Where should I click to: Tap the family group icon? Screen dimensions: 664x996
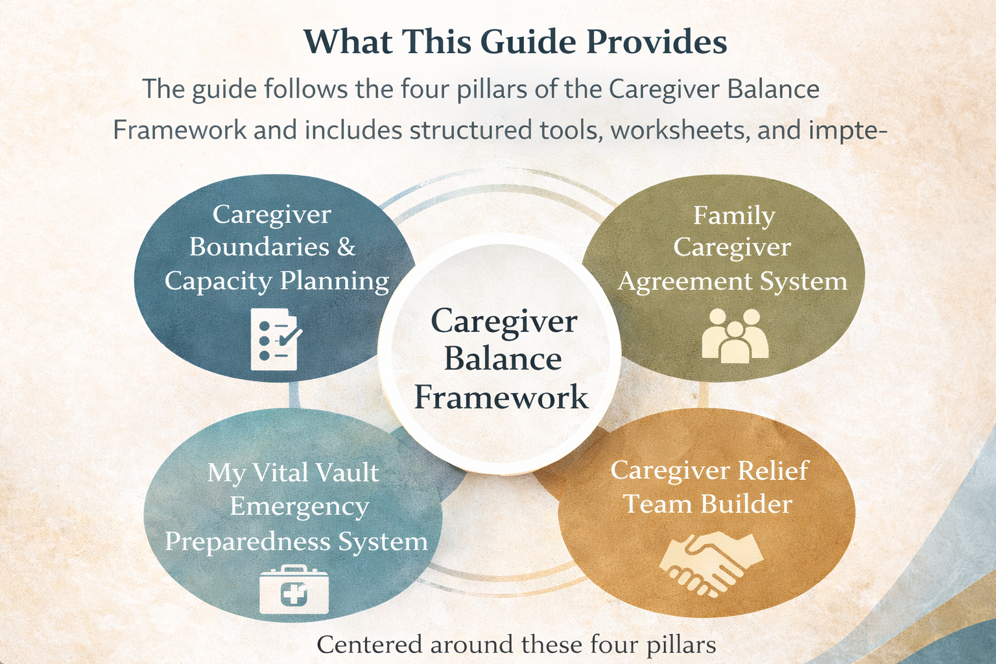[735, 335]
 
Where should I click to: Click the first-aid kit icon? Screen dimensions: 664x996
[294, 589]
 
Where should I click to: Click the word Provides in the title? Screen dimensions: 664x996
[657, 42]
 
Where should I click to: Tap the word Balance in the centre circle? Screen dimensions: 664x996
[503, 359]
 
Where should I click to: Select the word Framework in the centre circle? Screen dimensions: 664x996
[501, 397]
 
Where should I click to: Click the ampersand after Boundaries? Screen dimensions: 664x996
[346, 247]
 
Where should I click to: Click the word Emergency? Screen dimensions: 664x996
[299, 506]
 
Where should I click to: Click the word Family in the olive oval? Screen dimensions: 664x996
[734, 215]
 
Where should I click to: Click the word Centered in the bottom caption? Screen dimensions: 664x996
[370, 645]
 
